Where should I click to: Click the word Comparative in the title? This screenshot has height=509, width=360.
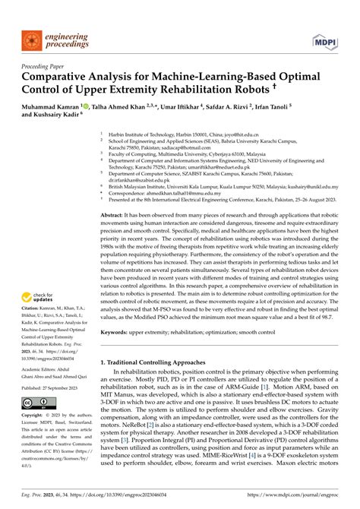click(x=63, y=78)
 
